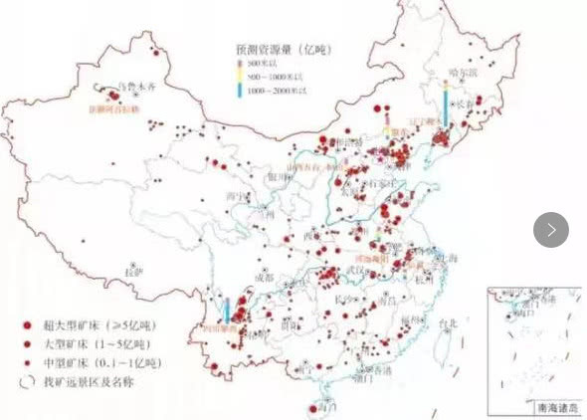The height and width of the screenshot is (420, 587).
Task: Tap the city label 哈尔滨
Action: [467, 73]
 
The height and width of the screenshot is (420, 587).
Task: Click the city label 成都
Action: [269, 278]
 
